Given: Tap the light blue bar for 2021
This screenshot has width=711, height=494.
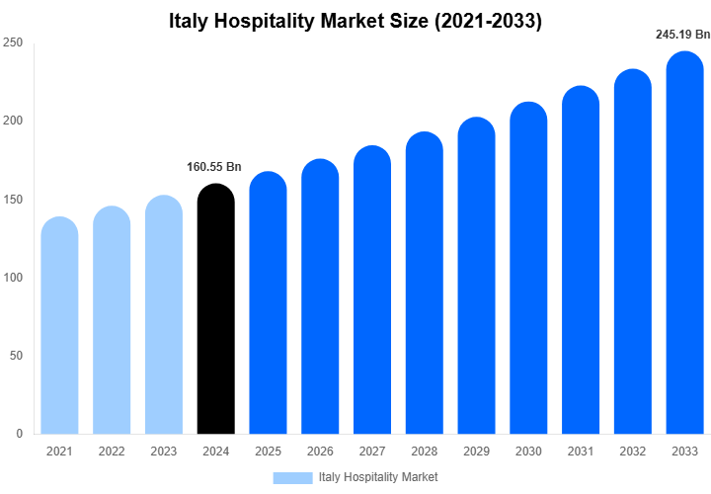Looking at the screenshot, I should coord(59,325).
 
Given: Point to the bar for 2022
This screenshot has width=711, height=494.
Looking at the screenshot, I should coord(112,320).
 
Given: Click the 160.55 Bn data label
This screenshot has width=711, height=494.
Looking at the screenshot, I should coord(214,167).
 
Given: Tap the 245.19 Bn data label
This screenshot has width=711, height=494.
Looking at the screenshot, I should coord(682,35).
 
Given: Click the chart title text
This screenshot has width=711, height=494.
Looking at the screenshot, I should coord(355,20).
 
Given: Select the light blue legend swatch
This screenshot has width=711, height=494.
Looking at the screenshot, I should coord(292,477).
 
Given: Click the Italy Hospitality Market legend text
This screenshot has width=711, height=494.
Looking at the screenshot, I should coord(378,477).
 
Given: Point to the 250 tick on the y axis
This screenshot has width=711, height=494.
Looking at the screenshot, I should coord(13,43).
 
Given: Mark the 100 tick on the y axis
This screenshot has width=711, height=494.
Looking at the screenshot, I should coord(13,278).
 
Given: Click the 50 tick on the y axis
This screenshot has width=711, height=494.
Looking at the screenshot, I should coord(16,356).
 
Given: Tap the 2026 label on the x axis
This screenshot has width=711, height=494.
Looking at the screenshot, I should coord(320,452).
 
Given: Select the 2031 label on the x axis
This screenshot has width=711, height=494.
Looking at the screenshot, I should coord(581,452).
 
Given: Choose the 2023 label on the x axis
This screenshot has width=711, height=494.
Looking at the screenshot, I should coord(164,452).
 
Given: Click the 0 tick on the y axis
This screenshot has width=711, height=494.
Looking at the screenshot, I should coord(19,434).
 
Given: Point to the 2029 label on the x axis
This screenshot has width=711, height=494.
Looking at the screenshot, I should coord(477,452).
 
